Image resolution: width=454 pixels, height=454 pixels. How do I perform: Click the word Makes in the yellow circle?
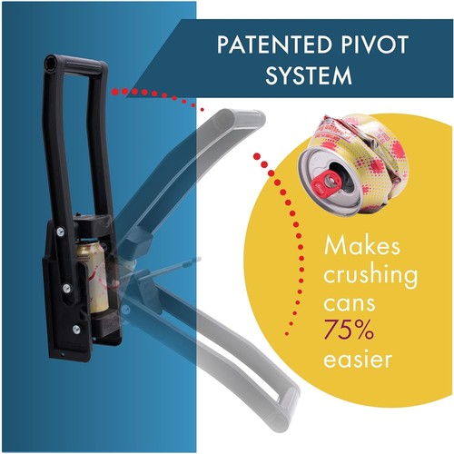[x=361, y=246]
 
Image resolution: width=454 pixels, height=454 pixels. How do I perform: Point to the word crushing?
[x=370, y=276]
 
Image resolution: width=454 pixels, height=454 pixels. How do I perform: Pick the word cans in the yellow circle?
[x=350, y=303]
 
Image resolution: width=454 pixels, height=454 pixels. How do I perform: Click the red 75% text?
[x=349, y=330]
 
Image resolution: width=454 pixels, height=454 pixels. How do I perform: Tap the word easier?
[x=358, y=359]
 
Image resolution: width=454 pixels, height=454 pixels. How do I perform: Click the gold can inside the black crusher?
[x=92, y=276]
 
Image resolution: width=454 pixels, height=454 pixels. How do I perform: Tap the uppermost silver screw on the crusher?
[x=60, y=232]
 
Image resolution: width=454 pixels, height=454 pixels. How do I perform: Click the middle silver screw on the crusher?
[x=66, y=288]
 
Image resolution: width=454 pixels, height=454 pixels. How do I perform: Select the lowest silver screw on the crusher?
[x=76, y=329]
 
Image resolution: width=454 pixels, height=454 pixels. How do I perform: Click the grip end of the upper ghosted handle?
[x=239, y=119]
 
